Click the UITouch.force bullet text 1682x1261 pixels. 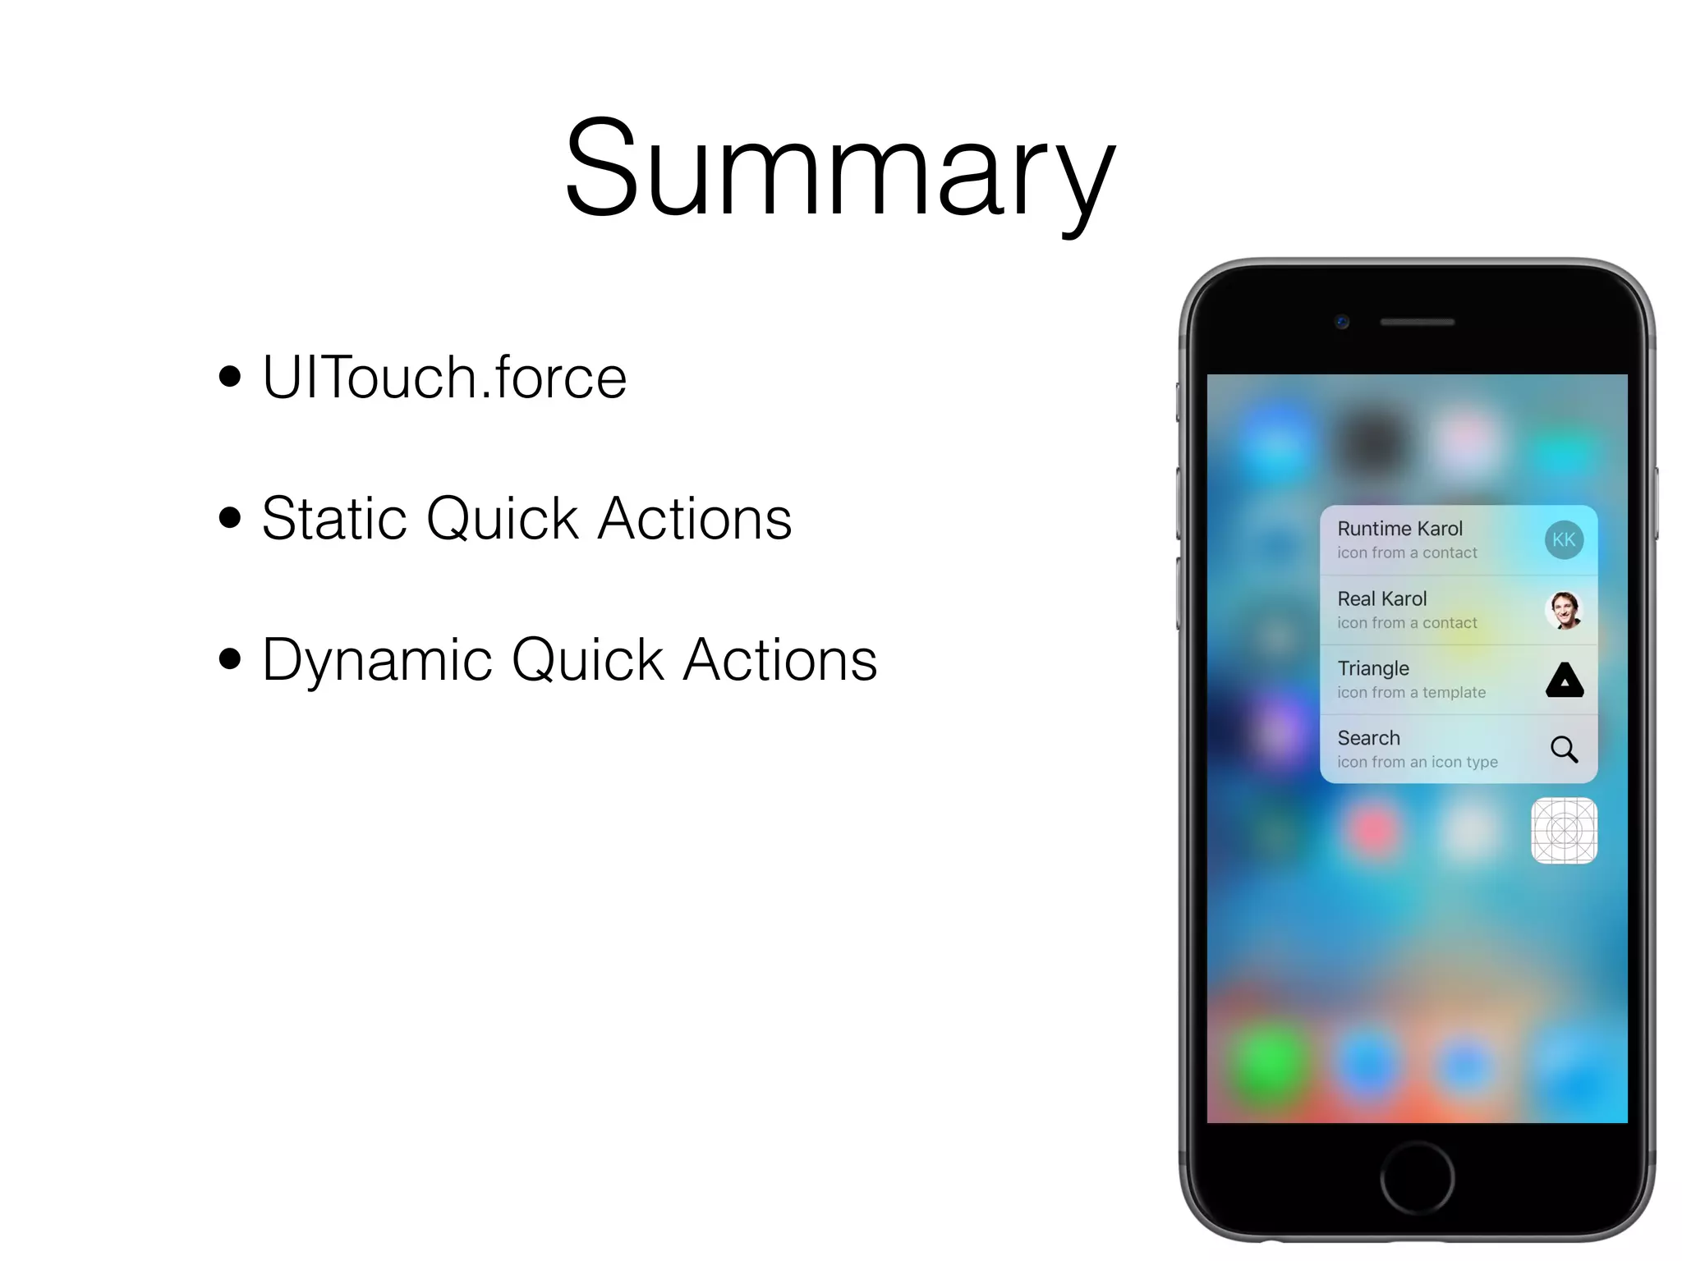pyautogui.click(x=444, y=377)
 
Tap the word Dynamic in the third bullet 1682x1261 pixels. pyautogui.click(x=377, y=660)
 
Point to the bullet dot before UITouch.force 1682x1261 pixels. pyautogui.click(x=230, y=377)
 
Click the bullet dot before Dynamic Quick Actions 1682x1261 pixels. pyautogui.click(x=230, y=658)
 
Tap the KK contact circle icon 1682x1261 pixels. pyautogui.click(x=1563, y=540)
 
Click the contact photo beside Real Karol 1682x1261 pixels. pyautogui.click(x=1563, y=610)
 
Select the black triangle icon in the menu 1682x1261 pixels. pyautogui.click(x=1564, y=681)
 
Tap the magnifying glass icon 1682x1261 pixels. pyautogui.click(x=1564, y=750)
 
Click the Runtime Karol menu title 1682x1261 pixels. pyautogui.click(x=1399, y=529)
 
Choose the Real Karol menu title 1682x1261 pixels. pyautogui.click(x=1381, y=598)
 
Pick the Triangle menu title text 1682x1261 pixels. pyautogui.click(x=1372, y=668)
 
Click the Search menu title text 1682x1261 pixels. pyautogui.click(x=1368, y=738)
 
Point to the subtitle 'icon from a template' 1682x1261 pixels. pyautogui.click(x=1411, y=693)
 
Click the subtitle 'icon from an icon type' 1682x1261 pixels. pyautogui.click(x=1417, y=763)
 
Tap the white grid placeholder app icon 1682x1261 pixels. pyautogui.click(x=1564, y=831)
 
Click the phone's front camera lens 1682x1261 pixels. pyautogui.click(x=1342, y=322)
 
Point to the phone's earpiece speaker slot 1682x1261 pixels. pyautogui.click(x=1417, y=323)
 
